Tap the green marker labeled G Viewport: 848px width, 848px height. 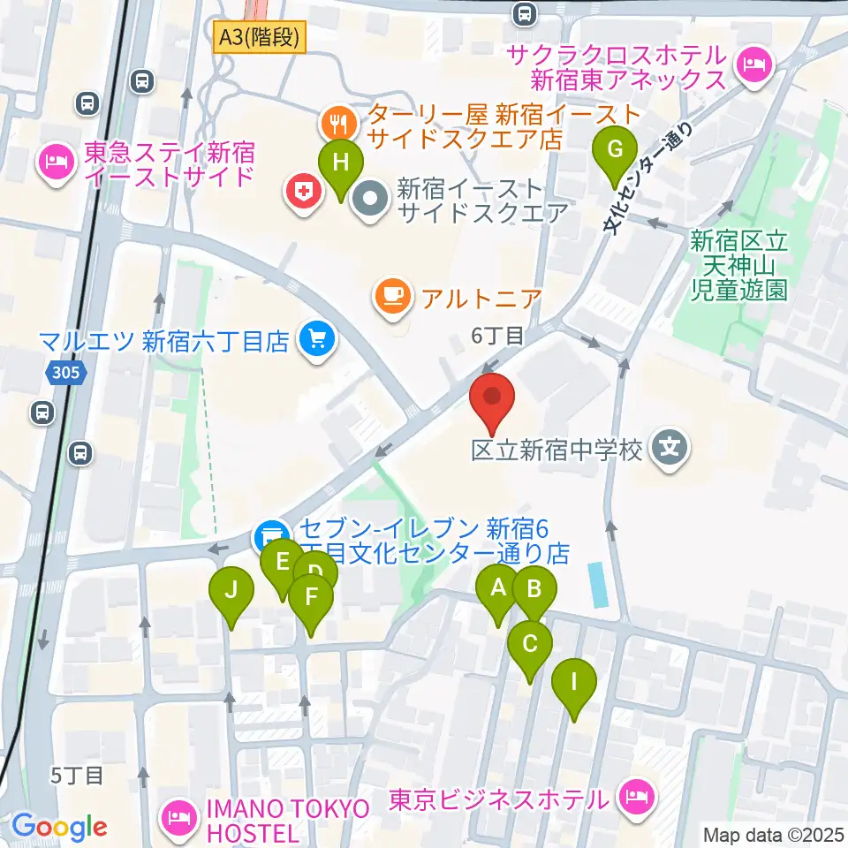tap(616, 153)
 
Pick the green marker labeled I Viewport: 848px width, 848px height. tap(574, 683)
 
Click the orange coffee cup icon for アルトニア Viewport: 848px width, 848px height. tap(391, 295)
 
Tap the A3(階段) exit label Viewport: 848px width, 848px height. tap(260, 38)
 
